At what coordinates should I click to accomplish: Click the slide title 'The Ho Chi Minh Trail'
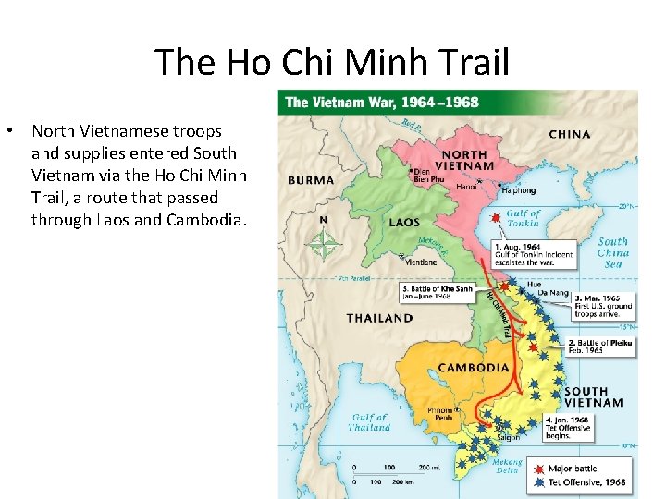pos(332,62)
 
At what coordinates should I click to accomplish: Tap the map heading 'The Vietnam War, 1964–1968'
pos(382,102)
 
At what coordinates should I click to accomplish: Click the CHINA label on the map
pos(569,134)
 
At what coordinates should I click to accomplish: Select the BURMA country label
pos(311,180)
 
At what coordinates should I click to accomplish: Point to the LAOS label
pos(404,223)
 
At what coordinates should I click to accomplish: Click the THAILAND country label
pos(379,318)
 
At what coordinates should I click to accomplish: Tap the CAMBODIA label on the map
pos(474,368)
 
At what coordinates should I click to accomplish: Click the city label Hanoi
pos(467,186)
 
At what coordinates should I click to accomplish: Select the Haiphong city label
pos(518,191)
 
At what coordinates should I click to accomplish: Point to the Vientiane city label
pos(418,262)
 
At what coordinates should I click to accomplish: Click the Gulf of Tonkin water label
pos(523,218)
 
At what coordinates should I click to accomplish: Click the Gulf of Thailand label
pos(370,422)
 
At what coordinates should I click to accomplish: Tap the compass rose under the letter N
pos(323,244)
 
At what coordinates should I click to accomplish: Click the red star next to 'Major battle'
pos(538,469)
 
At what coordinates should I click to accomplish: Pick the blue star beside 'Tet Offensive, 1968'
pos(538,481)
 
